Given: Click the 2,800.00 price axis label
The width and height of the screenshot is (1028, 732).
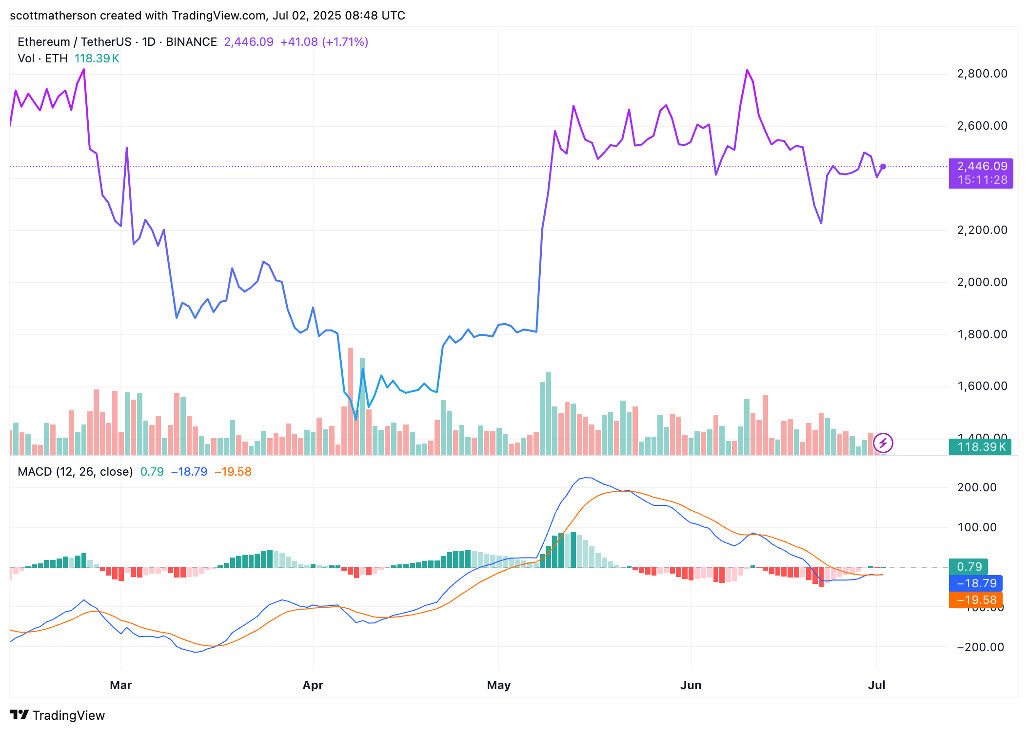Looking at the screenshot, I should [982, 74].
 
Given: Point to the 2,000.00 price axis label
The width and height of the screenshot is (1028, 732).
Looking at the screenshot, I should [982, 282].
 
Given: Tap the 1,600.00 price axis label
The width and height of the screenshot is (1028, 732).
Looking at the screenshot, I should [982, 386].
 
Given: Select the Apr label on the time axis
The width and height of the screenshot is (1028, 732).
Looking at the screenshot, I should [313, 685].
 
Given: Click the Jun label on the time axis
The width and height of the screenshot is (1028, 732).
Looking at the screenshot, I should [691, 685].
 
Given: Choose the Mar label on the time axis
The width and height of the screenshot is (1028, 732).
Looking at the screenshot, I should [121, 685].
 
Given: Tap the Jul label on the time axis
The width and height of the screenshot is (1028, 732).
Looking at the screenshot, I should [876, 685].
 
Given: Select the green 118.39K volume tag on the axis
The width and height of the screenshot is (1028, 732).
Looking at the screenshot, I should [980, 447].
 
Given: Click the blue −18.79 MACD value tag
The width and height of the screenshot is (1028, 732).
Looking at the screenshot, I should [976, 583].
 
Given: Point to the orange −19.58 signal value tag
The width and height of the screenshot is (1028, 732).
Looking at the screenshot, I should [976, 600].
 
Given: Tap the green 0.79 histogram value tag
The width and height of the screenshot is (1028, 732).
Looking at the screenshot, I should [969, 567].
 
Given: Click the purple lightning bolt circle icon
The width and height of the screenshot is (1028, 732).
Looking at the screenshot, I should [883, 443].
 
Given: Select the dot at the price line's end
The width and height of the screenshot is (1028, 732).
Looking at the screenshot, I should [883, 167].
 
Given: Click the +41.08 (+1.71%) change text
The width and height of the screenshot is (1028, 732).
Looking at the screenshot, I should [324, 42].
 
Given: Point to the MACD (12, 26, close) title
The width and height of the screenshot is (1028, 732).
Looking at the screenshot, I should [75, 472].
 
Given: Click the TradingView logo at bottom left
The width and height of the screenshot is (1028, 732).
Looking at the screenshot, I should [58, 715].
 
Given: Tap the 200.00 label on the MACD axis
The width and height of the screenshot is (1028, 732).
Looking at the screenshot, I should [976, 487].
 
